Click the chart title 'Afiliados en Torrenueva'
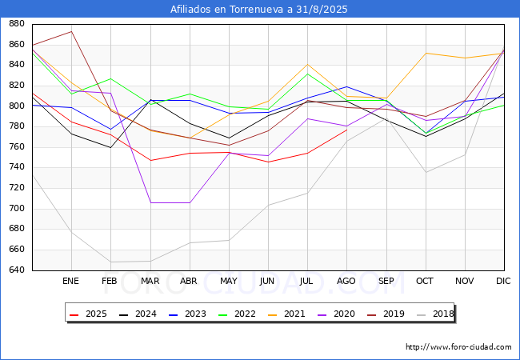(259, 9)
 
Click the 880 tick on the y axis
(15, 24)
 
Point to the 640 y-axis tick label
(15, 270)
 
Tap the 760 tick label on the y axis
(15, 147)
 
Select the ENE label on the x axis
(71, 281)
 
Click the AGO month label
(346, 281)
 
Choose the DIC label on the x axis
(503, 281)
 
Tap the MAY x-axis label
(229, 281)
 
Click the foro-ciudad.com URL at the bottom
(458, 347)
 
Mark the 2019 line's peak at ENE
(72, 31)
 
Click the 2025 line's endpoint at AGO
(346, 130)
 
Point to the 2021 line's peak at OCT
(426, 53)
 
